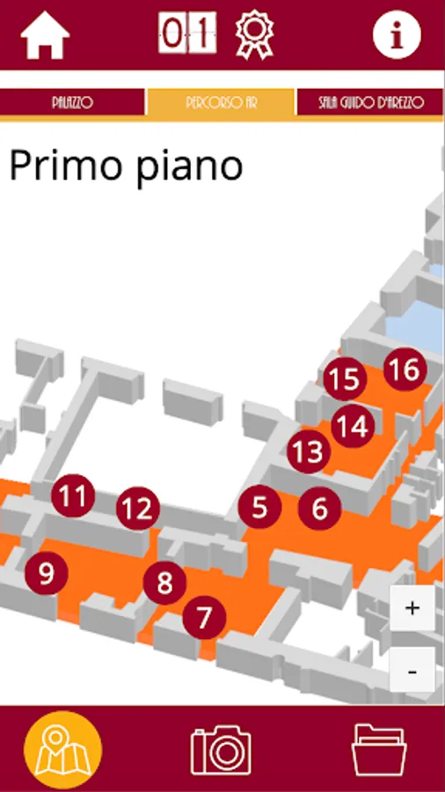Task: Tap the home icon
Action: tap(45, 35)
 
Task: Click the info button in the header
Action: tap(397, 35)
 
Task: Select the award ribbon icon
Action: tap(254, 35)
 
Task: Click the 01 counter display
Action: tap(187, 33)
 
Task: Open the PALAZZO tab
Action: tap(72, 103)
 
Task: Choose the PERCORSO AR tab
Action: tap(221, 103)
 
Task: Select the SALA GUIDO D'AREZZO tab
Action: tap(371, 103)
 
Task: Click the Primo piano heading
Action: tap(126, 165)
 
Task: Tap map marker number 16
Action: tap(405, 370)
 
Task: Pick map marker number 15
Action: tap(345, 379)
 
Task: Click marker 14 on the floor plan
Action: tap(354, 426)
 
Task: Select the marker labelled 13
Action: tap(309, 452)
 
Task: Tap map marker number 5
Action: tap(259, 507)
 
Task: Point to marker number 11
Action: tap(73, 496)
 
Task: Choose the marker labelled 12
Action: tap(138, 509)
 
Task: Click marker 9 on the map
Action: tap(47, 573)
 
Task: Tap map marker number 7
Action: tap(204, 617)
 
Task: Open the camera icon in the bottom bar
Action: tap(221, 750)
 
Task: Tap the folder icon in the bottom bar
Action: tap(379, 750)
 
